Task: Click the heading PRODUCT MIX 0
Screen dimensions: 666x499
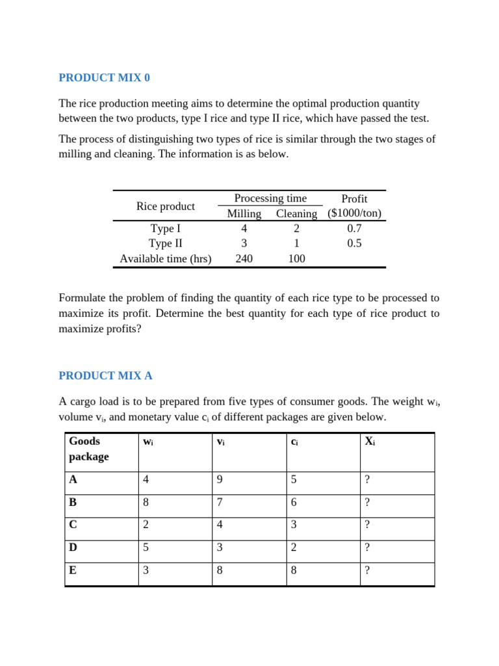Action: tap(104, 77)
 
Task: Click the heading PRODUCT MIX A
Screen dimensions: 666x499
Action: tap(105, 376)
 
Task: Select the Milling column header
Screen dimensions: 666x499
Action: tap(244, 213)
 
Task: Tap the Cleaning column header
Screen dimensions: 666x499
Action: tap(296, 213)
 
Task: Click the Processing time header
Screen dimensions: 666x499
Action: tap(270, 198)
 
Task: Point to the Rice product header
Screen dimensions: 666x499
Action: tap(165, 206)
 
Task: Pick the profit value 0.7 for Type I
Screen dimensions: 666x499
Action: tap(354, 228)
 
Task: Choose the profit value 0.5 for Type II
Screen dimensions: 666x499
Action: tap(354, 243)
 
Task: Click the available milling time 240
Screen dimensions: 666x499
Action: tap(244, 258)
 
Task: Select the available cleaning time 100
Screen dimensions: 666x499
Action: tap(296, 258)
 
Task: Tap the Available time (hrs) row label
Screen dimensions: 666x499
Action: tap(165, 258)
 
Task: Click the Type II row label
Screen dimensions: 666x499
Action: tap(165, 243)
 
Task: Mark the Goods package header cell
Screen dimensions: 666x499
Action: tap(89, 449)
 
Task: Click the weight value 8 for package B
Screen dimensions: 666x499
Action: tap(146, 502)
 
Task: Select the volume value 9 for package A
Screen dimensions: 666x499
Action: tap(220, 479)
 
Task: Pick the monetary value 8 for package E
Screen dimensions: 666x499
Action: tap(294, 570)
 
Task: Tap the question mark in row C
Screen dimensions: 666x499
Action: tap(367, 525)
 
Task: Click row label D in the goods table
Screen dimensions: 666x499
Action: tap(73, 548)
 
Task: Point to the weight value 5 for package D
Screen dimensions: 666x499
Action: tap(146, 548)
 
